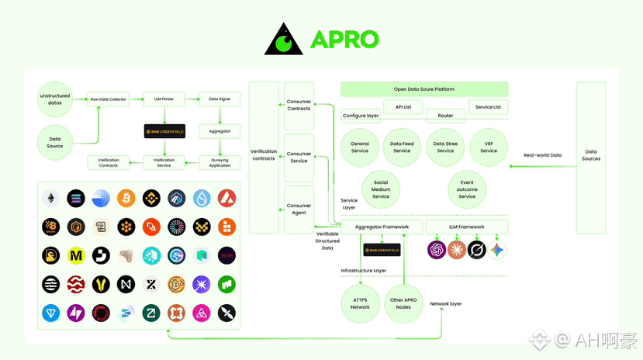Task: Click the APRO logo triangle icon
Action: point(283,40)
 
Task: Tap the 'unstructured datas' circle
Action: point(55,99)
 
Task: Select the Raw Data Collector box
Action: point(108,99)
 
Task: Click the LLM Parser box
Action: point(164,99)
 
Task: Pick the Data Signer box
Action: point(220,99)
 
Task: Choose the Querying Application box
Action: point(220,162)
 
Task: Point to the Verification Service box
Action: point(164,162)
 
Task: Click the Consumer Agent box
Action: point(299,209)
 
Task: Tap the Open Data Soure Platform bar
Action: point(423,89)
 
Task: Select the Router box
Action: point(445,115)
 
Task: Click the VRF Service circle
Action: point(489,147)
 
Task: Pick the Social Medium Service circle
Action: point(381,189)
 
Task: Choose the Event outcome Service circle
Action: point(467,189)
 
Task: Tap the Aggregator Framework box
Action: point(382,227)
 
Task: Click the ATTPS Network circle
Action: point(360,303)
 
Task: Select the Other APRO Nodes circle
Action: point(403,303)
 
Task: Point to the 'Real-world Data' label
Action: point(543,155)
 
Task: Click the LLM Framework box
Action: point(467,227)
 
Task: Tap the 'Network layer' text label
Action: point(445,303)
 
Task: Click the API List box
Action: point(403,107)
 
